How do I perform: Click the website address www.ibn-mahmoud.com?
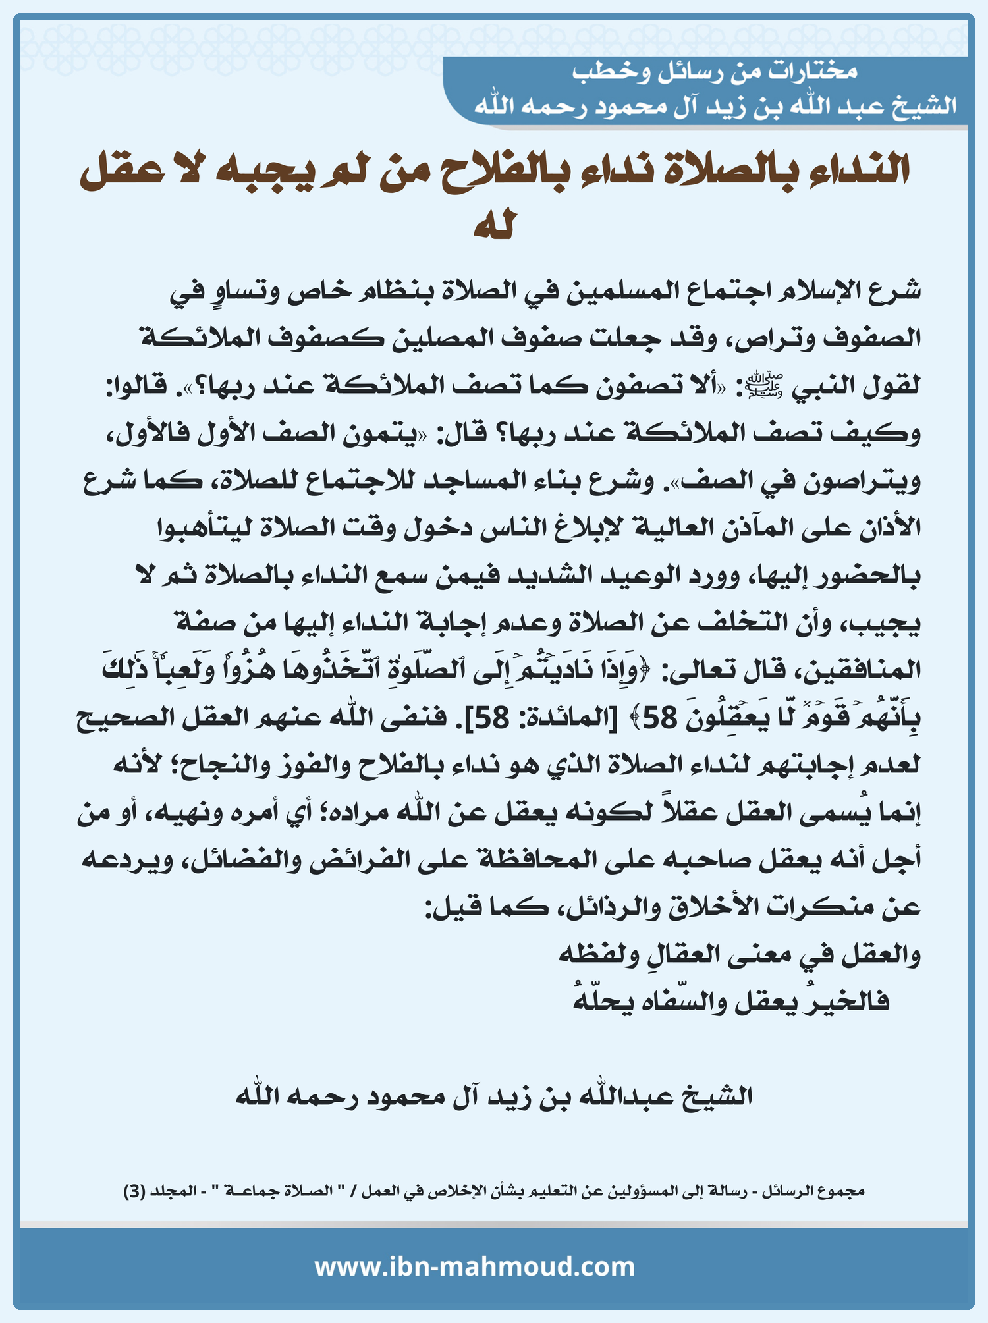coord(474,1266)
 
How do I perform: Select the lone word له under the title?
coord(494,225)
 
